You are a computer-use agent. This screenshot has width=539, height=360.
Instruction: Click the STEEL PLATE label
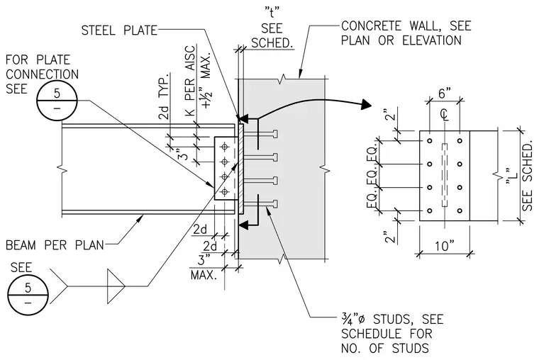tap(119, 30)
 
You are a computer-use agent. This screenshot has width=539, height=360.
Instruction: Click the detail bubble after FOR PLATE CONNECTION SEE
tap(57, 101)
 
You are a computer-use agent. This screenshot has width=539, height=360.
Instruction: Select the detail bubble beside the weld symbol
tap(28, 295)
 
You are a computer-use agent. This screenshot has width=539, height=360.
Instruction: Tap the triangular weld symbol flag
tap(116, 286)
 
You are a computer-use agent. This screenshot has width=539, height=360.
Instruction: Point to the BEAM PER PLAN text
tap(55, 245)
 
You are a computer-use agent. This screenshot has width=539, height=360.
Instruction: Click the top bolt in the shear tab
tap(225, 147)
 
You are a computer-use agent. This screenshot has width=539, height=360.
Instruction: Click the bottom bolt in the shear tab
tap(225, 191)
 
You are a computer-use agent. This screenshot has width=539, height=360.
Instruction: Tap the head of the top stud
tap(274, 134)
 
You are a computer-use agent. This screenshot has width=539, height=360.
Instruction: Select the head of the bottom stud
tap(274, 205)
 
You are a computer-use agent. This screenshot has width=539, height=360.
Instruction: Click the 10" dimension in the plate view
tap(444, 246)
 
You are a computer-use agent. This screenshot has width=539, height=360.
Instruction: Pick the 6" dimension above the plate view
tap(444, 93)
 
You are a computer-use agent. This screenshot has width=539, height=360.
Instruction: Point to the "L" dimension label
tap(511, 176)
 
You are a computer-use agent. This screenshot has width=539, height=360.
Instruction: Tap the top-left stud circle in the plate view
tap(429, 141)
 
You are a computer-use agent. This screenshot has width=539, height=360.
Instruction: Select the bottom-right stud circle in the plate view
tap(460, 211)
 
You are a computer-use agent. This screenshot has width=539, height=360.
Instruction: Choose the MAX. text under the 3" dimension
tap(204, 275)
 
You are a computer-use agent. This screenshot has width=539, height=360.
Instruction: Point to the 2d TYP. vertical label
tap(165, 96)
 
